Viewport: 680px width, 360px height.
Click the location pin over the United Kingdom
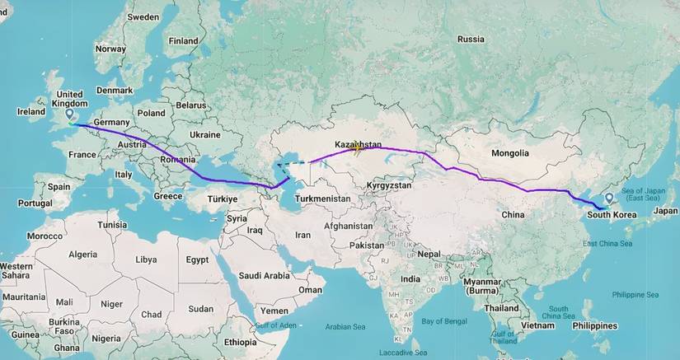[68, 118]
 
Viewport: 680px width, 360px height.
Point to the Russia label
[471, 39]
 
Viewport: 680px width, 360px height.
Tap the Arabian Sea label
[345, 326]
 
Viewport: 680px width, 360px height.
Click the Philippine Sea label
[635, 294]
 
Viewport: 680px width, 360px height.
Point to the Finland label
[183, 40]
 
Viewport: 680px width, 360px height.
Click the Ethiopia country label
[241, 341]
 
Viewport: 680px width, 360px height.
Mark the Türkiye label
[222, 199]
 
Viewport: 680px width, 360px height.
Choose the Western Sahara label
[16, 271]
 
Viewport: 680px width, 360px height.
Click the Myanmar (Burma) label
[482, 287]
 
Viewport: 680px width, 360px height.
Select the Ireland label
[31, 112]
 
